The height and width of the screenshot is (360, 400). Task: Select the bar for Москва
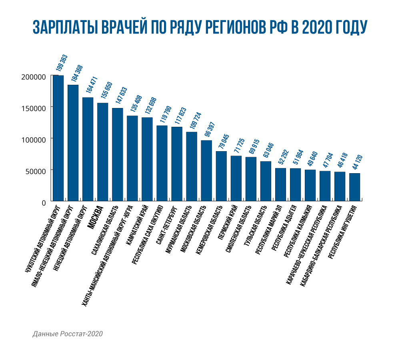click(103, 152)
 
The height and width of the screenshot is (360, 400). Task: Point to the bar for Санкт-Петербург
click(177, 164)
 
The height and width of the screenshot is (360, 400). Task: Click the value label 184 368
click(76, 73)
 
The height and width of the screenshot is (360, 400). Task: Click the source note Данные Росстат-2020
click(68, 334)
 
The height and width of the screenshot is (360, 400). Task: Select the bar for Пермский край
click(236, 178)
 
